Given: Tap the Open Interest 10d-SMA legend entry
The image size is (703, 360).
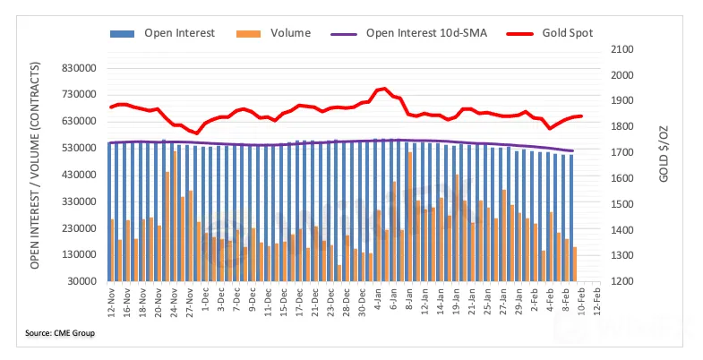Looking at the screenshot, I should (x=421, y=33).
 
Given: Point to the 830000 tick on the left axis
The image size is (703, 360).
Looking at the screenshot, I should (x=76, y=68).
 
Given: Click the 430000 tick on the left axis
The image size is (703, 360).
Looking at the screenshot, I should (x=76, y=175).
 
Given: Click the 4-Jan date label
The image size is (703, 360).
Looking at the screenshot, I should (x=379, y=300).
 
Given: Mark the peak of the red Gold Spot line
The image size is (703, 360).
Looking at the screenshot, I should (x=383, y=89).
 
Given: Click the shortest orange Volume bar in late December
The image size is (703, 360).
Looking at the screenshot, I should (x=339, y=272).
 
